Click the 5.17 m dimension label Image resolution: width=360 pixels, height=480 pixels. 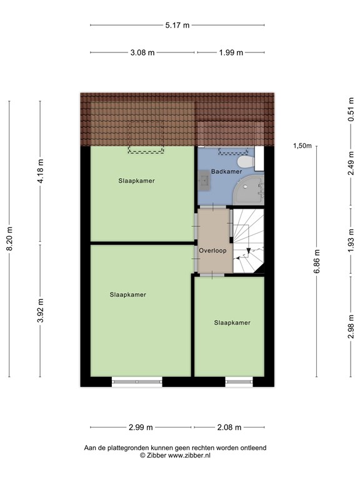click(x=177, y=25)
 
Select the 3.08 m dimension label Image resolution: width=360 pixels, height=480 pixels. click(x=142, y=52)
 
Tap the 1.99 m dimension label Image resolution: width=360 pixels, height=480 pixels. click(x=231, y=52)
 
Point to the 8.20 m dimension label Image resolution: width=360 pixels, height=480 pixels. click(x=9, y=239)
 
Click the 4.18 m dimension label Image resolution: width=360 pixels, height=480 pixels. click(x=40, y=171)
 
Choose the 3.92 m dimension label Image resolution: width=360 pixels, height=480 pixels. click(x=40, y=310)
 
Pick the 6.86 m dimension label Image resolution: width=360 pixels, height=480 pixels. click(x=316, y=261)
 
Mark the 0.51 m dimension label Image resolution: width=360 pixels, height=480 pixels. click(x=351, y=109)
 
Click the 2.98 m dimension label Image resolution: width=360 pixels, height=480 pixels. click(x=351, y=327)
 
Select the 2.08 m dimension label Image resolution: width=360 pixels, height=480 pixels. click(x=229, y=427)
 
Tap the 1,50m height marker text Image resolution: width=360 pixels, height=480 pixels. click(x=302, y=146)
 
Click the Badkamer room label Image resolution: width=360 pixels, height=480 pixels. click(x=226, y=171)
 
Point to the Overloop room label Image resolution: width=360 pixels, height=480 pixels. click(x=212, y=251)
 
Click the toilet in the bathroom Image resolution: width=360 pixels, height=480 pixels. click(x=246, y=162)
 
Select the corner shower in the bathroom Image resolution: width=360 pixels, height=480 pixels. click(x=249, y=190)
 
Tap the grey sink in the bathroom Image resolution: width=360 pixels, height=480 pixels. click(x=204, y=181)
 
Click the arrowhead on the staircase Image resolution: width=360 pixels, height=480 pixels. click(x=249, y=251)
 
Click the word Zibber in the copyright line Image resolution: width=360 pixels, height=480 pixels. click(x=156, y=455)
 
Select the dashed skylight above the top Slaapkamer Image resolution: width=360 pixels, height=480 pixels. click(x=146, y=137)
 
